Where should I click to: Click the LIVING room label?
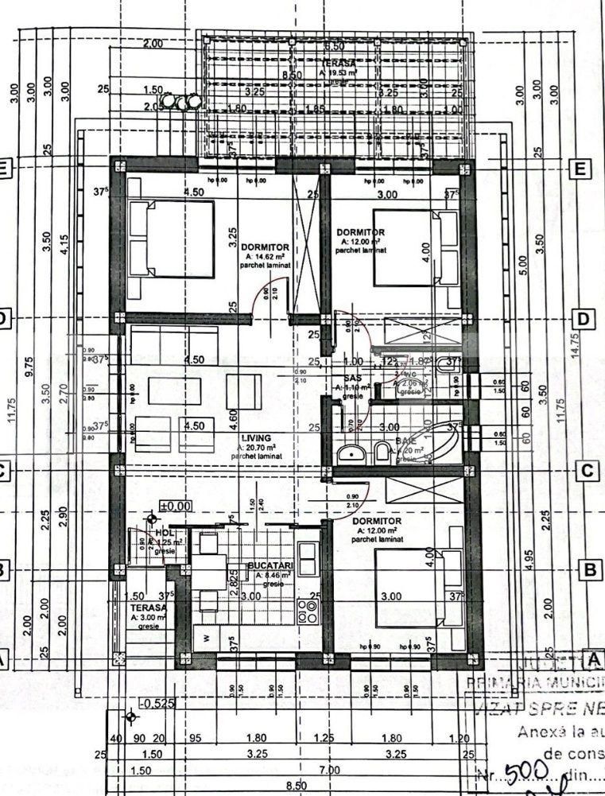pos(258,438)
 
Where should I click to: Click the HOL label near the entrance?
pos(165,533)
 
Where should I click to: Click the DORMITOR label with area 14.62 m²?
pos(267,247)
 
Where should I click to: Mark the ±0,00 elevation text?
pos(175,505)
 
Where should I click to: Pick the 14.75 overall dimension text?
pos(575,348)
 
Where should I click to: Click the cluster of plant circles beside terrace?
pos(187,103)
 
